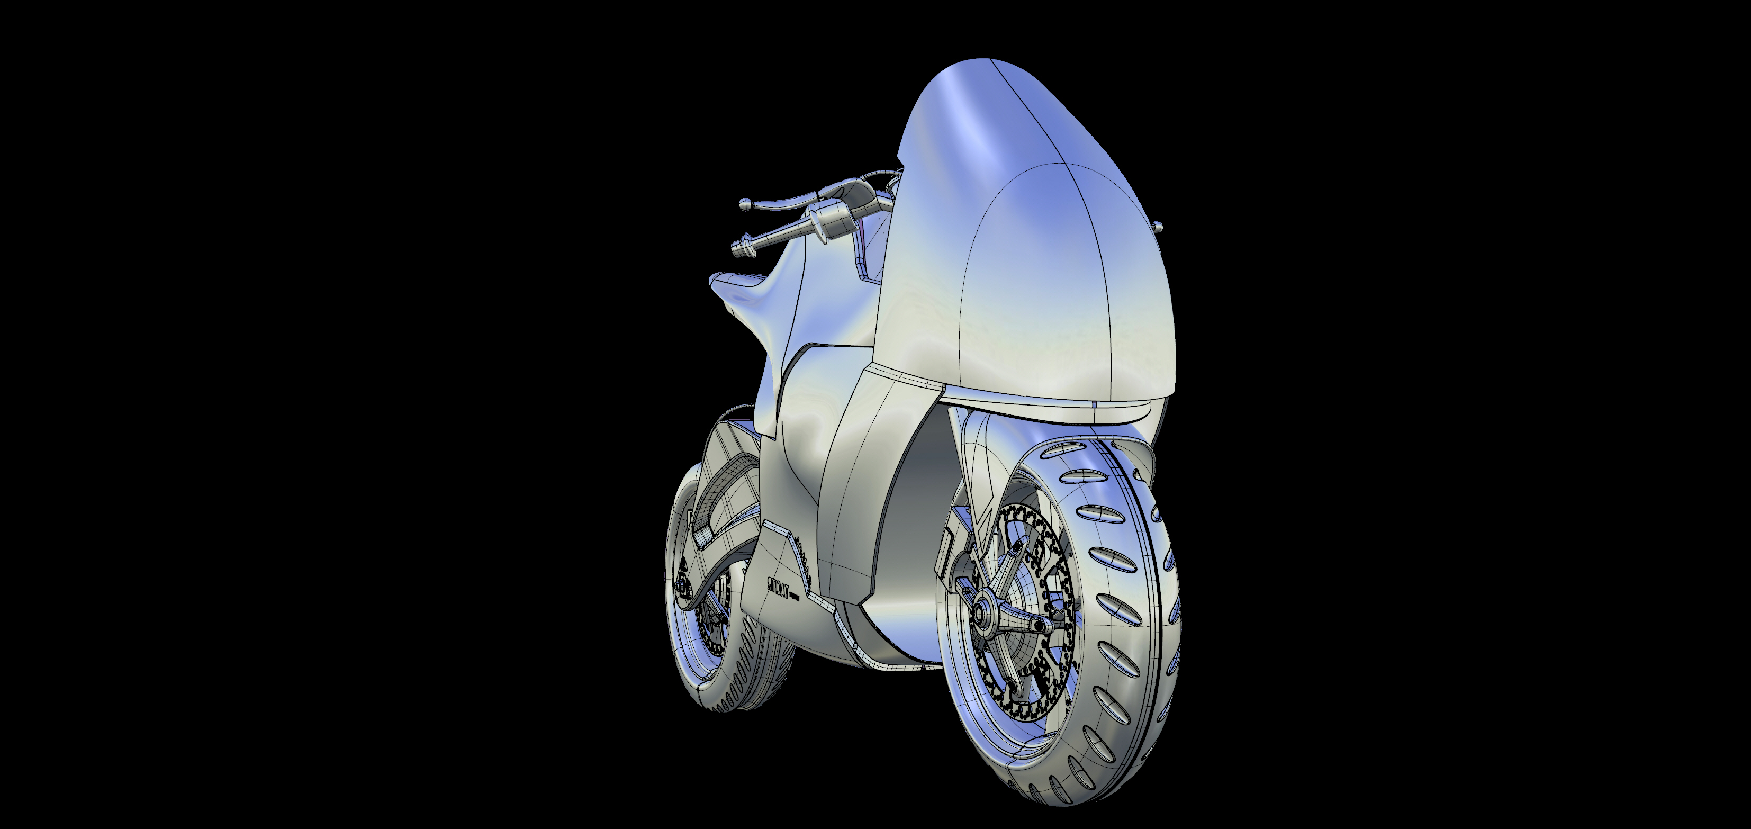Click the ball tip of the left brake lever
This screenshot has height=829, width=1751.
click(x=745, y=203)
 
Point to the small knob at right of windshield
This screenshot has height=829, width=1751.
click(x=1159, y=227)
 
